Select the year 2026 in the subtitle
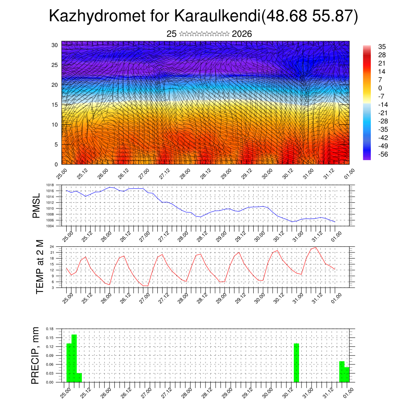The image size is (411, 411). point(242,34)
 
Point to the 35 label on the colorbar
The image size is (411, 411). point(381,47)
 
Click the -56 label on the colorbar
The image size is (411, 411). point(383,154)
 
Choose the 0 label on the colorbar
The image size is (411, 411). point(380,88)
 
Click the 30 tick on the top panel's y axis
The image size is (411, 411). point(55,45)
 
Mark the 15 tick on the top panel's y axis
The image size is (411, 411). point(55,105)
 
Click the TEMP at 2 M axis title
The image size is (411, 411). point(39,267)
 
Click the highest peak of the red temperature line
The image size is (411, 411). point(316,247)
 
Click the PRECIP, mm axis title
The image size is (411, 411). point(36,355)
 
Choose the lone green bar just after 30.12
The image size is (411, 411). point(297,363)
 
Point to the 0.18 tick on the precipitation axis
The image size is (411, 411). point(49,329)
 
